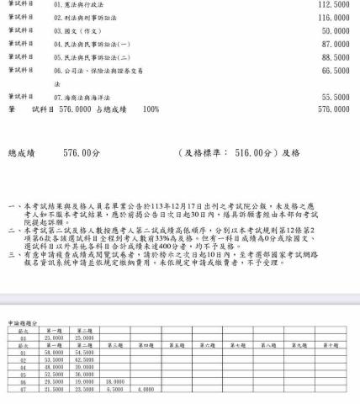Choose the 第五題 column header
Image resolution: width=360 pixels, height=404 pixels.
coord(177,345)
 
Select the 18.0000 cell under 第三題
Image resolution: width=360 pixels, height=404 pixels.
coord(115,381)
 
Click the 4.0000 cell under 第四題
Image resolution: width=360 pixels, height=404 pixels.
coord(146,389)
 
